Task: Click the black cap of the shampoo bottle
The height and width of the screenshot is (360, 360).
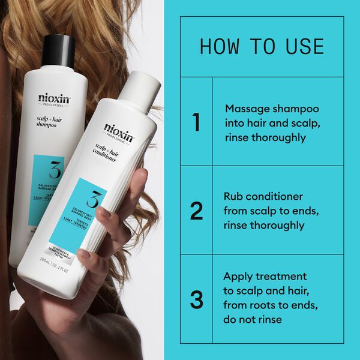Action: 58,50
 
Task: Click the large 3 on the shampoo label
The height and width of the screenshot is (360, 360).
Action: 54,171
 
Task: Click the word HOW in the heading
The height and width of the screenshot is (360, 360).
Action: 220,47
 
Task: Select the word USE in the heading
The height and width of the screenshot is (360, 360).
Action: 303,47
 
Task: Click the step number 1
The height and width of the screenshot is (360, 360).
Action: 196,122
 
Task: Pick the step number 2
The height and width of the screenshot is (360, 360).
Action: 196,211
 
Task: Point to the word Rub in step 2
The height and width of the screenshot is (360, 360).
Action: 234,196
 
